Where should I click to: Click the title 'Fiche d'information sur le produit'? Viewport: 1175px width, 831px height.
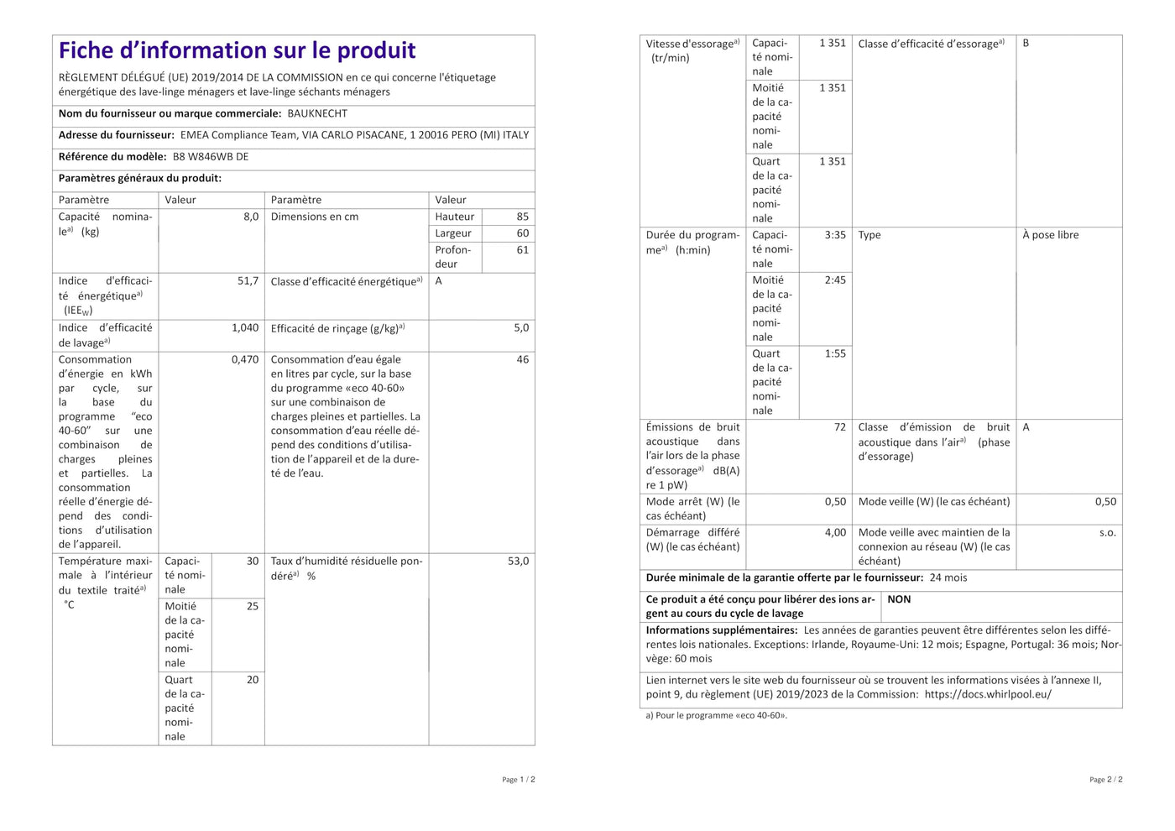click(237, 50)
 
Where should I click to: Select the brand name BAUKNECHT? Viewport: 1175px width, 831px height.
click(317, 113)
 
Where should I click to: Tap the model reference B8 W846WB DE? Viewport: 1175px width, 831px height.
click(211, 157)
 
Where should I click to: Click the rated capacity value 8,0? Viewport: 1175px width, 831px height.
click(251, 217)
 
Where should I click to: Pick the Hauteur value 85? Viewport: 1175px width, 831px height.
click(522, 217)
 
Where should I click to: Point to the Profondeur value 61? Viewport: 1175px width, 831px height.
click(522, 250)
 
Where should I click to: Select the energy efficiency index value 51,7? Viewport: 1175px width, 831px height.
click(248, 281)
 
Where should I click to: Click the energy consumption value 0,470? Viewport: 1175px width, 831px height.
click(245, 359)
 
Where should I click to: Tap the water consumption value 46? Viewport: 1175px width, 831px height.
click(522, 359)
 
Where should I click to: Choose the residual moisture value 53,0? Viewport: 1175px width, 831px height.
click(518, 561)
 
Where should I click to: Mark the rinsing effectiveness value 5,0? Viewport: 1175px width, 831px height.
click(521, 328)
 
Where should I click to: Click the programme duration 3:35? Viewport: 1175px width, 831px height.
click(835, 235)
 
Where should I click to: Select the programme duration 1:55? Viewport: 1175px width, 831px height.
click(835, 353)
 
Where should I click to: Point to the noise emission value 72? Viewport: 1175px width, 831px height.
click(839, 427)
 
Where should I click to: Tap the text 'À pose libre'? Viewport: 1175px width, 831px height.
click(1050, 235)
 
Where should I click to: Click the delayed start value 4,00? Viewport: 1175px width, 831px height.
click(835, 532)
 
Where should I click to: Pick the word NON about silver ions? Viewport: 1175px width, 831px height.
click(899, 599)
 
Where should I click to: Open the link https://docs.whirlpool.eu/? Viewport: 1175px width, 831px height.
click(987, 694)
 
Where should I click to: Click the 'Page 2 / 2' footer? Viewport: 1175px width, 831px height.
click(1105, 780)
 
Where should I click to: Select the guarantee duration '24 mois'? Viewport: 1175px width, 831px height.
click(948, 578)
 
